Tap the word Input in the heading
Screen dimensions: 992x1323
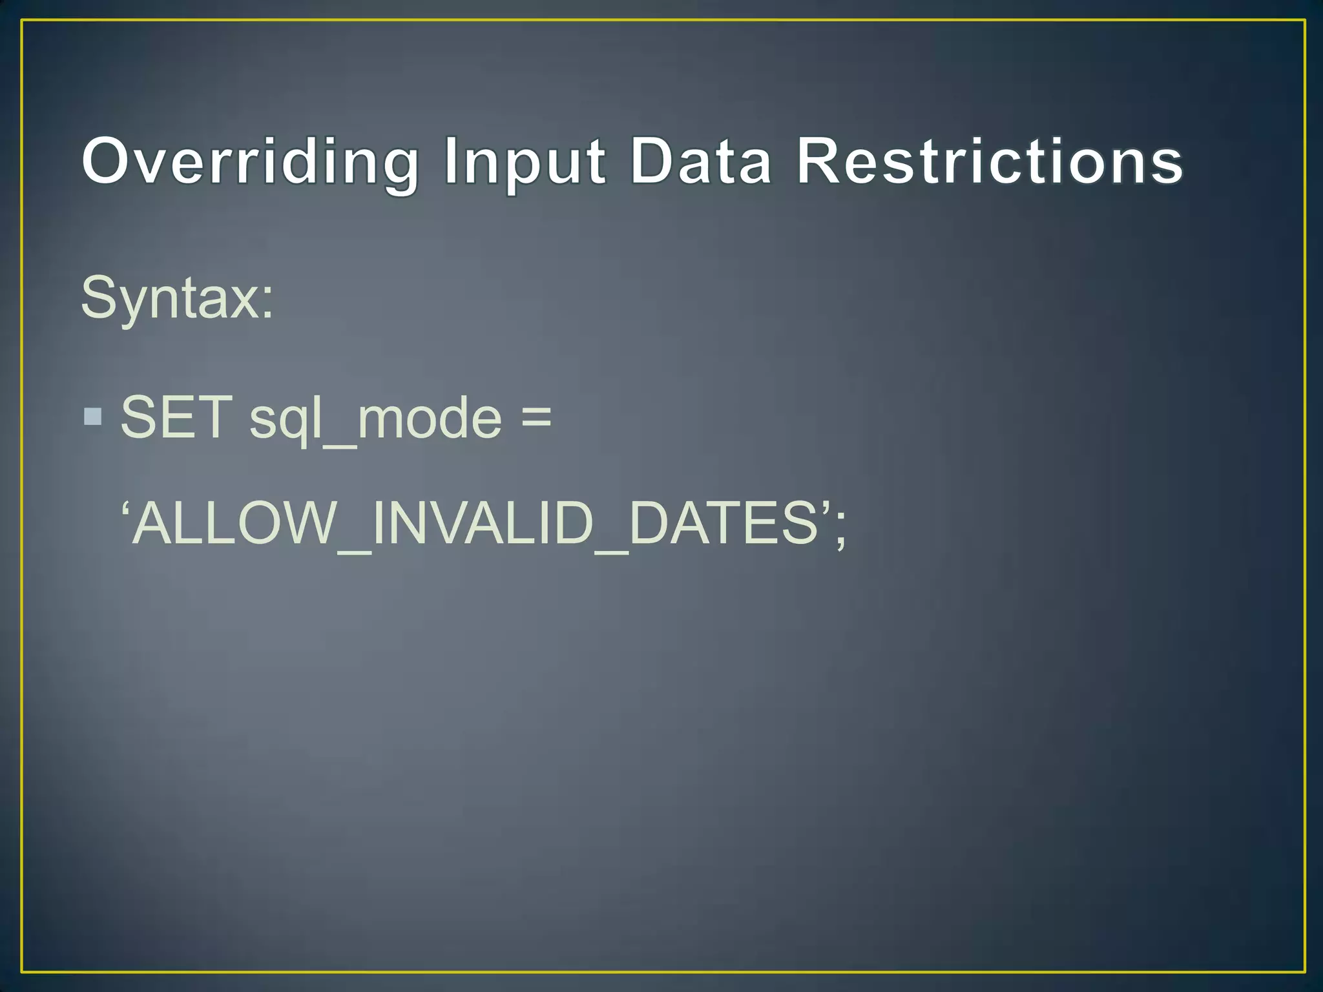pos(525,161)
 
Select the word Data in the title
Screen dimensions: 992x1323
pos(700,161)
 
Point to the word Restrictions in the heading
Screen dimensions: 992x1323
pos(989,161)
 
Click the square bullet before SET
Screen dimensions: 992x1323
pos(93,417)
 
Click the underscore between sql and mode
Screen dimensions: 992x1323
pos(339,446)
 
